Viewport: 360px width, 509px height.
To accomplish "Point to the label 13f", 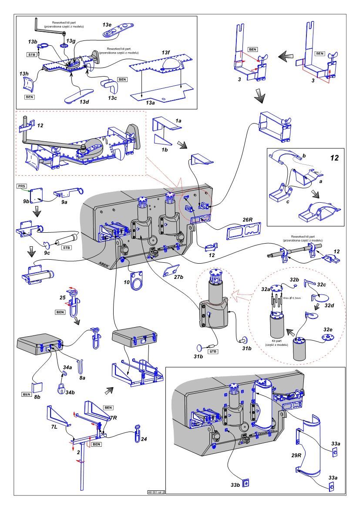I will (165, 53).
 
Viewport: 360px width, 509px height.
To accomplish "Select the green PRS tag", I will (22, 186).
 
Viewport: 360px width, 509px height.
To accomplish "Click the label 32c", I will (322, 285).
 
